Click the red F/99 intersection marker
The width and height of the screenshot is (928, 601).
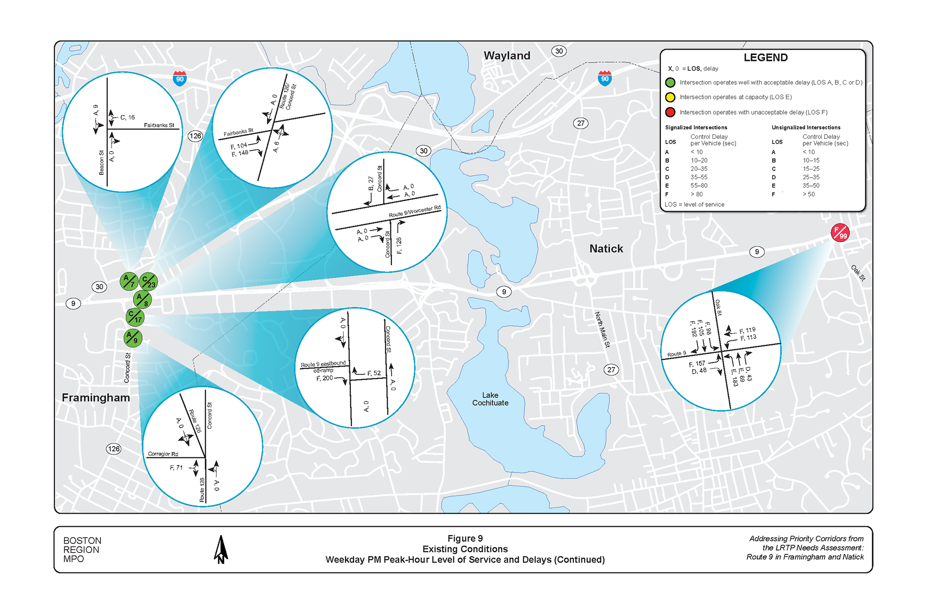coord(840,233)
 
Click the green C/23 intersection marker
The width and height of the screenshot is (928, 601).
coord(148,282)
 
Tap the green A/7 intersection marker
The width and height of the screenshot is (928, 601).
coord(129,281)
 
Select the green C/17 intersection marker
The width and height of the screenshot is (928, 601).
coord(135,317)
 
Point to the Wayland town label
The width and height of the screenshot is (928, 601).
coord(506,56)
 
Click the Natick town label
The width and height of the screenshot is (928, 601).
coord(606,249)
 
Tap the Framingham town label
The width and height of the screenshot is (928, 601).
coord(96,398)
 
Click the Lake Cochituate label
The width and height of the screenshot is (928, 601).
coord(490,399)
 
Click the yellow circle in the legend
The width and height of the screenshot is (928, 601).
coord(670,98)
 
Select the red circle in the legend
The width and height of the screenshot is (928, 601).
coord(670,113)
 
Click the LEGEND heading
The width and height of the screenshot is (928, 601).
coord(765,58)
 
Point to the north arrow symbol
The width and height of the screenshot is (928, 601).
coord(221,550)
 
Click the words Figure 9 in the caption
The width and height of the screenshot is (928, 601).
coord(465,538)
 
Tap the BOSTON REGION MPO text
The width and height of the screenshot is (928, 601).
coord(82,550)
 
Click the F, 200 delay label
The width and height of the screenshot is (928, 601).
coord(325,378)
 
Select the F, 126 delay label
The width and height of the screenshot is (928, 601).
coord(399,246)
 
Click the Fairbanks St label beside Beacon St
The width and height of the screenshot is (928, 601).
coord(159,125)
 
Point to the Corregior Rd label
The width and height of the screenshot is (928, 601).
coord(163,454)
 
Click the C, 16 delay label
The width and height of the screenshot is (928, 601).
coord(128,117)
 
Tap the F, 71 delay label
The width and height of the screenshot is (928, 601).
coord(176,467)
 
